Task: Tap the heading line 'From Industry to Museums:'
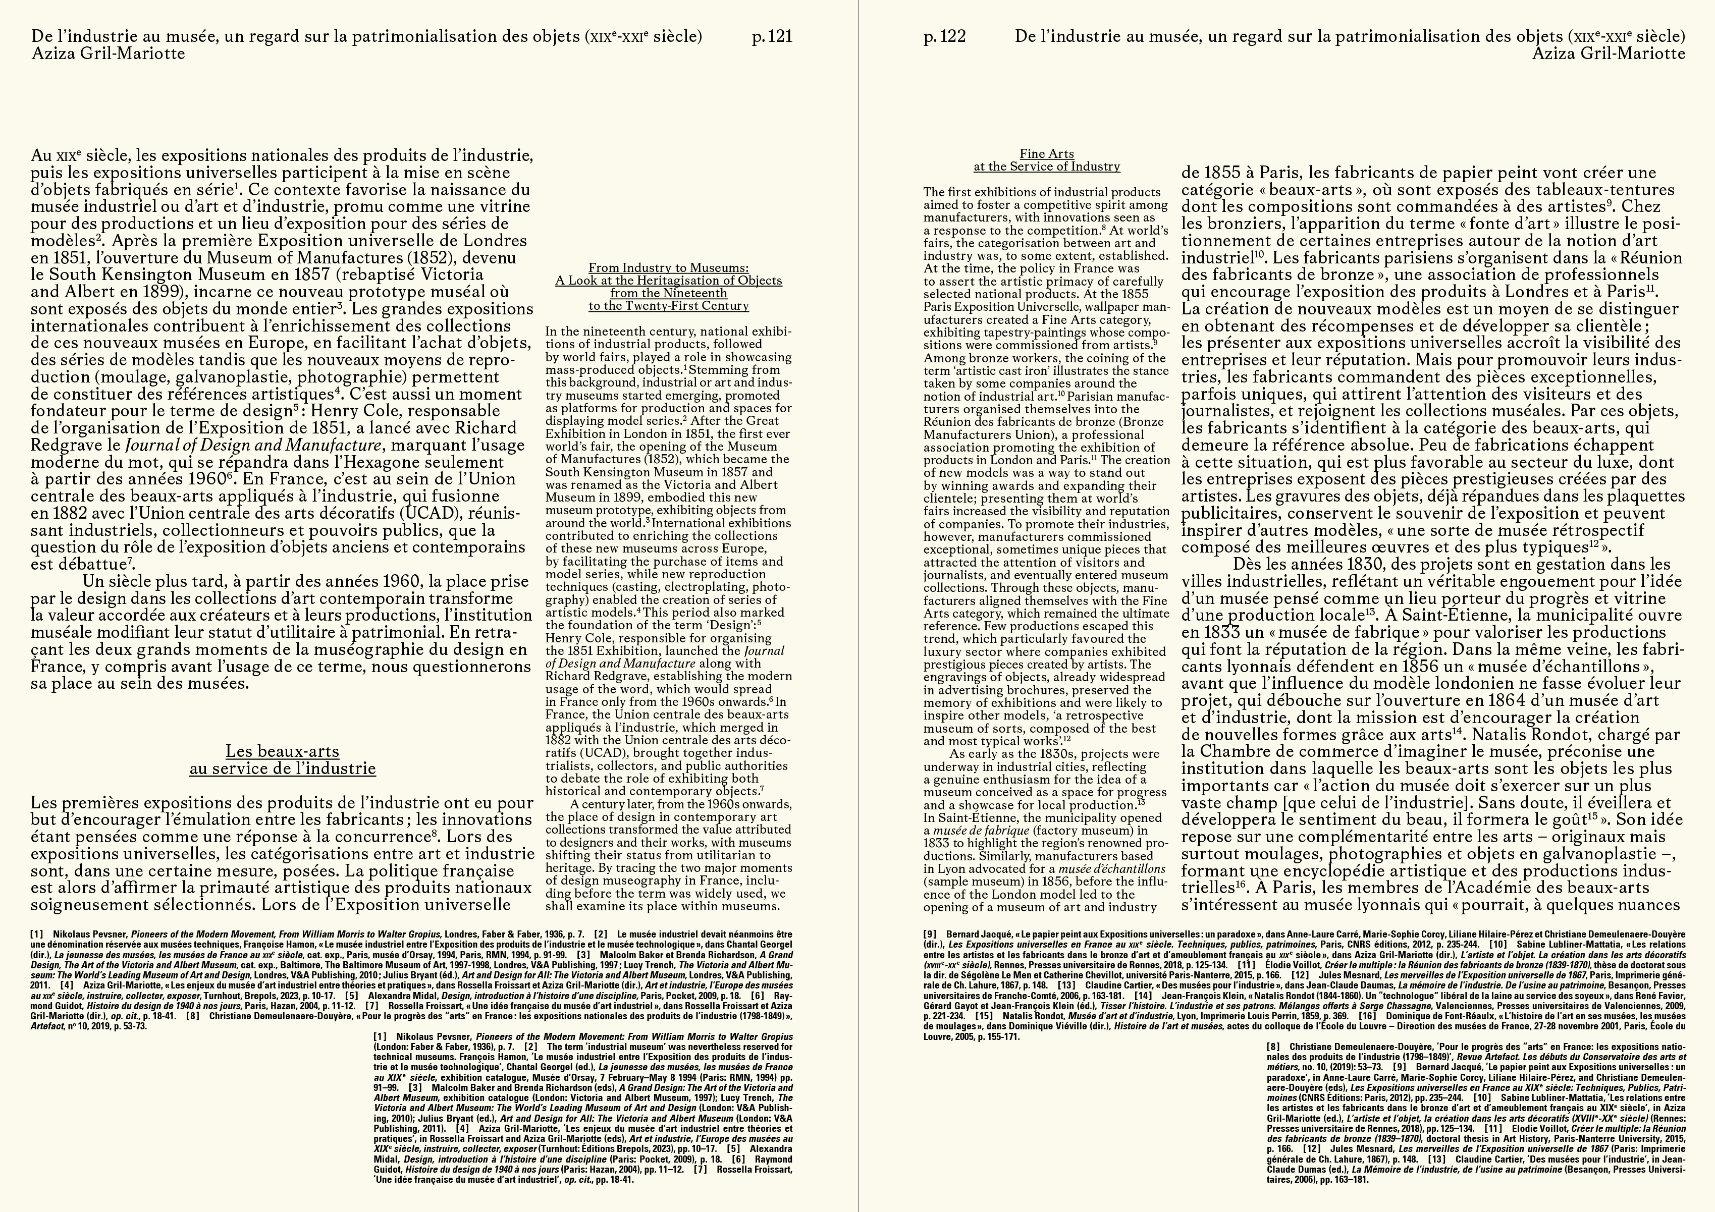point(669,268)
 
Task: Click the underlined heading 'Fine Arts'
point(1046,154)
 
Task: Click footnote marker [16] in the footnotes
point(1367,1016)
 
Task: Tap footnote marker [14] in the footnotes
point(1142,996)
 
